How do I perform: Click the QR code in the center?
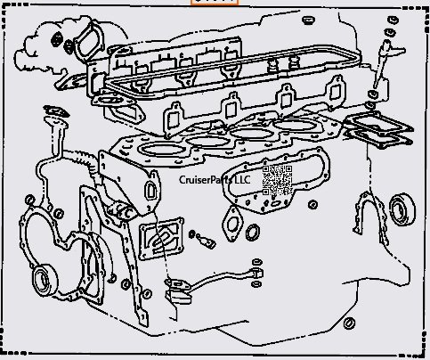tap(277, 179)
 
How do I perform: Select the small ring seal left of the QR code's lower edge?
tap(253, 233)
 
